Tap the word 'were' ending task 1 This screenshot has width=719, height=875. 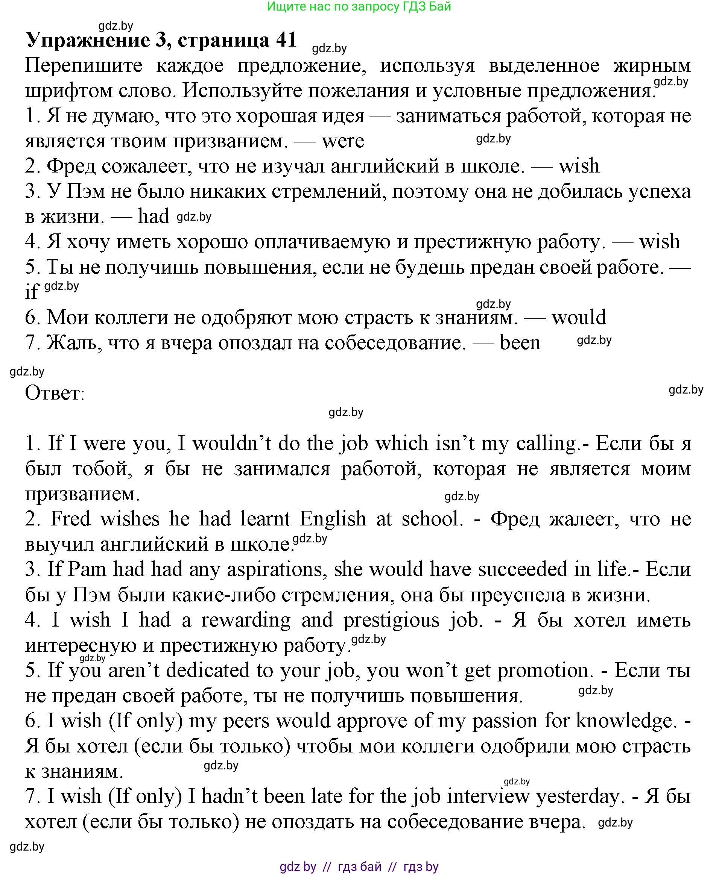[343, 141]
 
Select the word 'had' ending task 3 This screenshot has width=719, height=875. [154, 217]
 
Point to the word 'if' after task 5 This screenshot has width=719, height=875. [32, 292]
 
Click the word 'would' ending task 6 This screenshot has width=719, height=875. [579, 318]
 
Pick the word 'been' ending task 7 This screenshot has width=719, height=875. [520, 343]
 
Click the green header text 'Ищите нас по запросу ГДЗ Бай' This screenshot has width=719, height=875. [359, 6]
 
